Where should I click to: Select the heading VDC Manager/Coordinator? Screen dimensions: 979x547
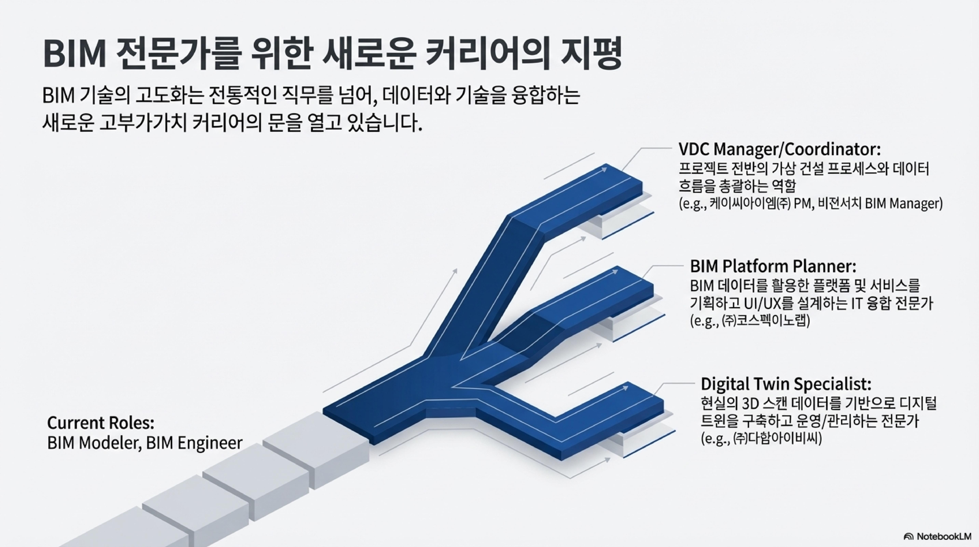779,150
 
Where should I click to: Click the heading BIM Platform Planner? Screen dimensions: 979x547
773,266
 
